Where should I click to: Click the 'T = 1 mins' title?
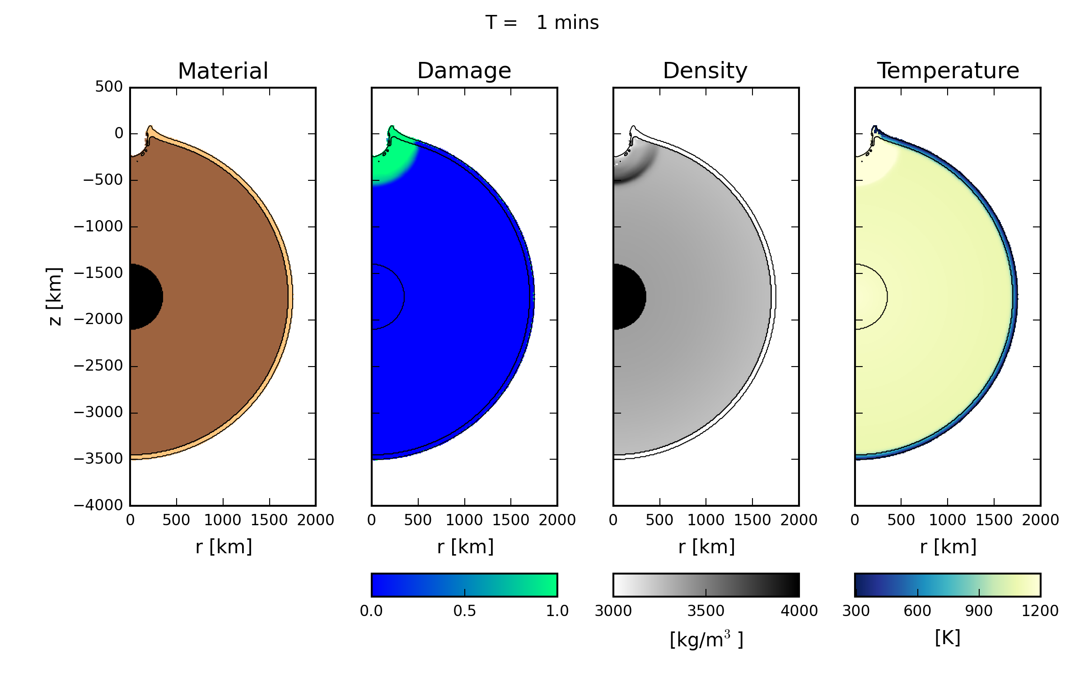pyautogui.click(x=542, y=23)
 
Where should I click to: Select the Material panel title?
pyautogui.click(x=223, y=71)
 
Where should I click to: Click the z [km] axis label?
pyautogui.click(x=55, y=296)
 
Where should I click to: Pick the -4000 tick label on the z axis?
pyautogui.click(x=98, y=505)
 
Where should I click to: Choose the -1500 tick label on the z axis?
pyautogui.click(x=98, y=273)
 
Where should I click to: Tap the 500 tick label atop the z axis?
pyautogui.click(x=109, y=87)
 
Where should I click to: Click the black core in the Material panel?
pyautogui.click(x=145, y=297)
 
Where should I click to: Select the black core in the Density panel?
pyautogui.click(x=628, y=297)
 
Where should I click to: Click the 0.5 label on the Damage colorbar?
pyautogui.click(x=465, y=611)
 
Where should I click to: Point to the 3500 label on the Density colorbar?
pyautogui.click(x=706, y=611)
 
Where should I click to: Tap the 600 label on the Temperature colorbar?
pyautogui.click(x=917, y=611)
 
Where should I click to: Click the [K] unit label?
pyautogui.click(x=948, y=638)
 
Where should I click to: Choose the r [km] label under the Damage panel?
pyautogui.click(x=465, y=547)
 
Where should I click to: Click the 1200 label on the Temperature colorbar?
pyautogui.click(x=1040, y=611)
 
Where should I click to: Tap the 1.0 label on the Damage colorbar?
pyautogui.click(x=557, y=611)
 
